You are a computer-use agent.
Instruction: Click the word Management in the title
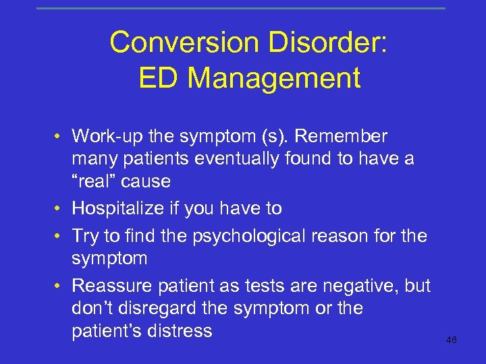pyautogui.click(x=274, y=78)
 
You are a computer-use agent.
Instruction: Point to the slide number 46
pyautogui.click(x=452, y=340)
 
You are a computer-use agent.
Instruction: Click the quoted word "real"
pyautogui.click(x=98, y=181)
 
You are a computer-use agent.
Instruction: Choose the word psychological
pyautogui.click(x=263, y=237)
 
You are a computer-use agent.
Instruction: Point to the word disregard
pyautogui.click(x=153, y=309)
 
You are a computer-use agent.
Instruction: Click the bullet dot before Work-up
pyautogui.click(x=59, y=138)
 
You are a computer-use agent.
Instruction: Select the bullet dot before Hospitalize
pyautogui.click(x=59, y=209)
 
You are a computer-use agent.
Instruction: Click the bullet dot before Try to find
pyautogui.click(x=59, y=237)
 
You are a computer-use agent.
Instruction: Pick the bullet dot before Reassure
pyautogui.click(x=59, y=286)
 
